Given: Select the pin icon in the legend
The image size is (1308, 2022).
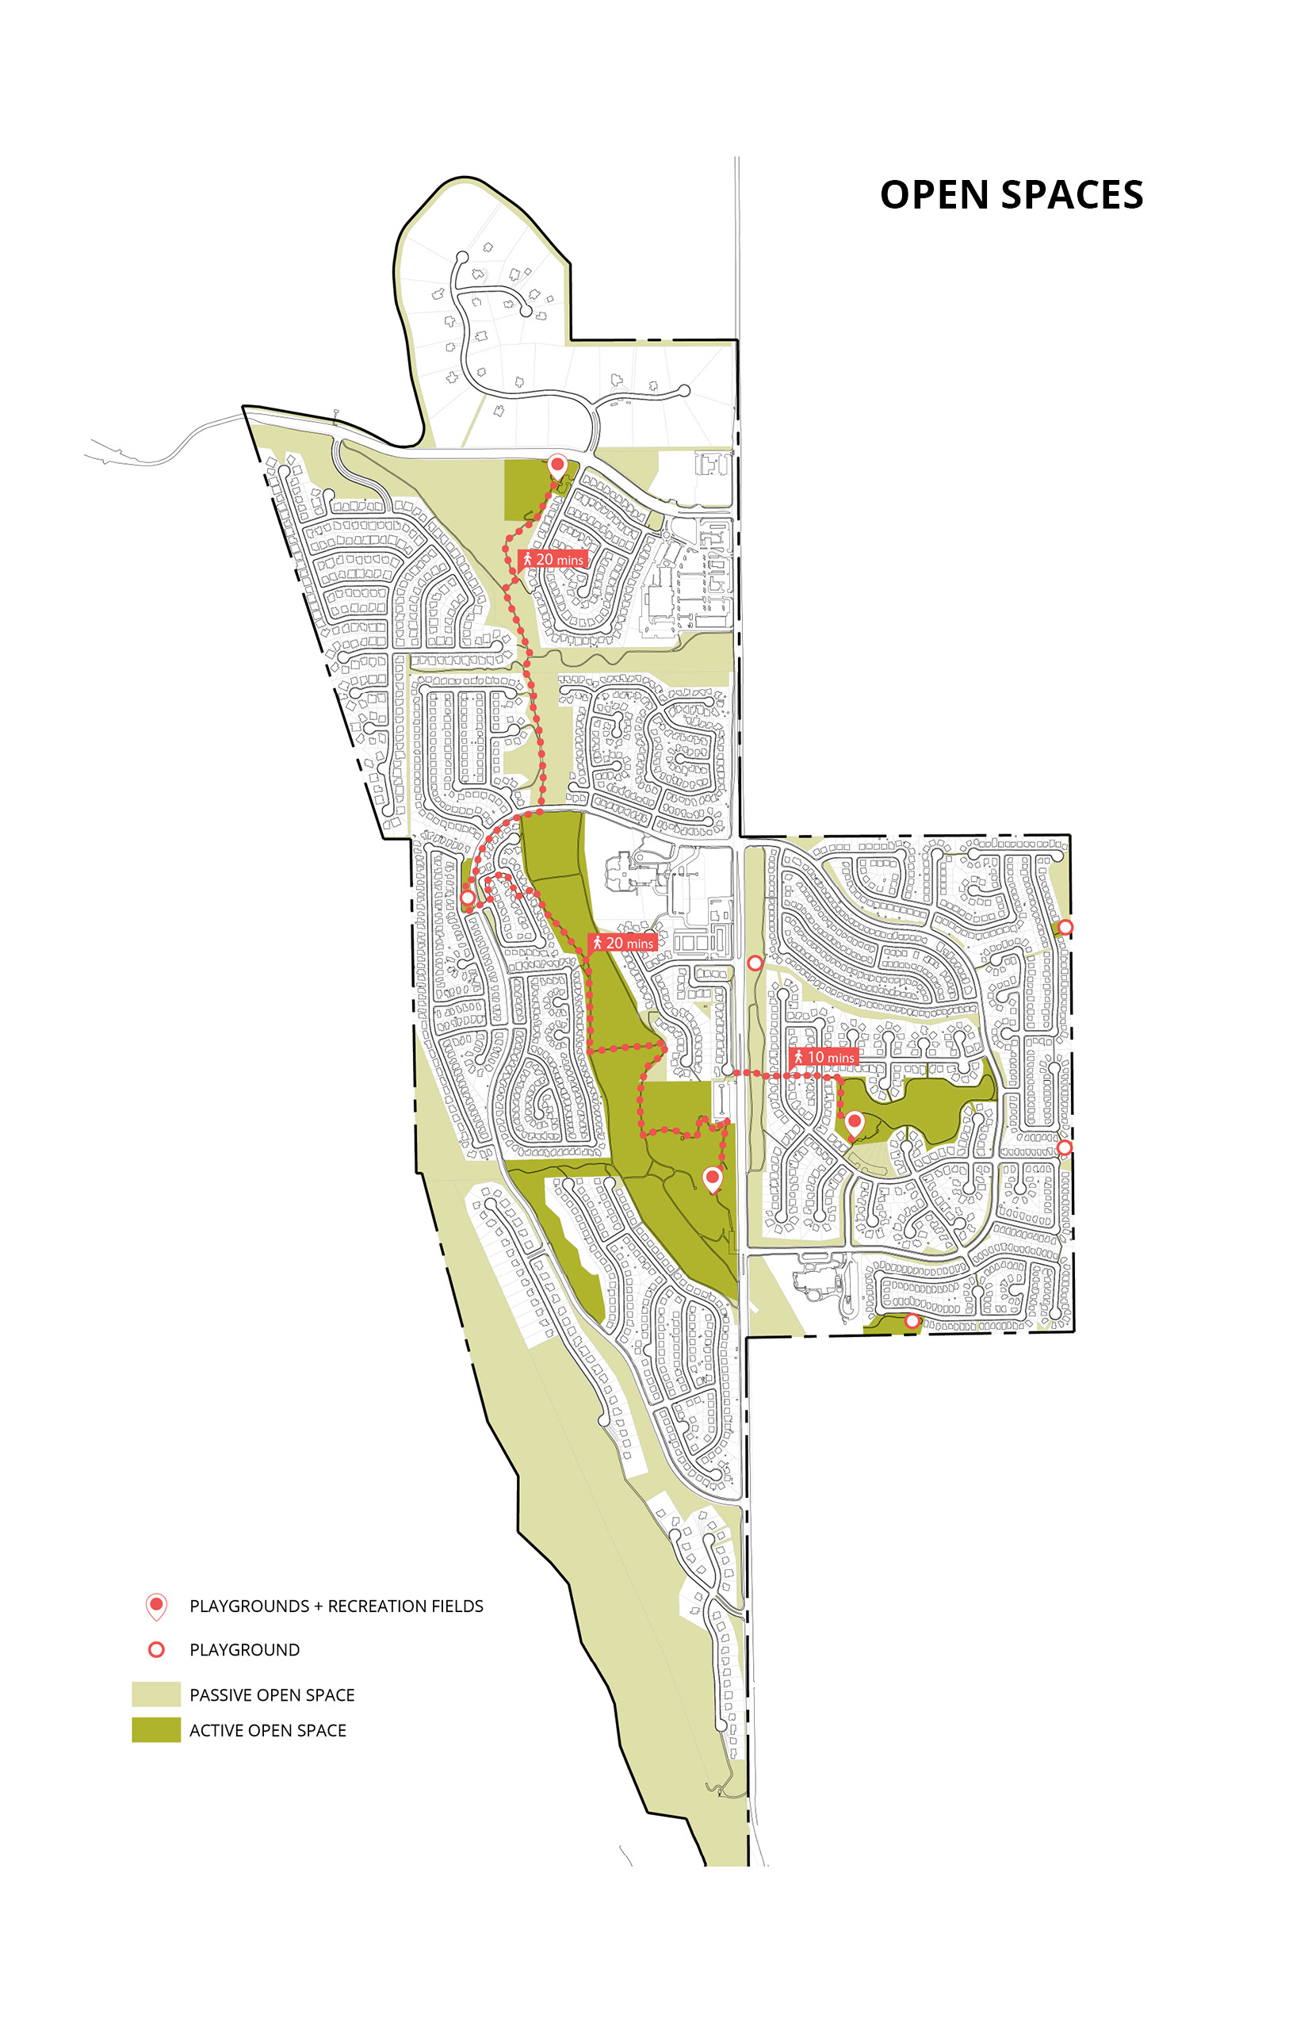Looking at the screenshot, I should point(156,1605).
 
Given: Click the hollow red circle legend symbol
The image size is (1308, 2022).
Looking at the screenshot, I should point(156,1649).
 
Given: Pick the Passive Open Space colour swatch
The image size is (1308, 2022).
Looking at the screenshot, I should point(156,1694).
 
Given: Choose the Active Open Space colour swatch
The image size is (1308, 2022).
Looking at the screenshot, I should point(156,1729).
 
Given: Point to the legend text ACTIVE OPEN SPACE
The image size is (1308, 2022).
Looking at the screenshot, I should point(268,1730).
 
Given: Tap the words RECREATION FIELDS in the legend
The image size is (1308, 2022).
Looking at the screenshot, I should point(405,1606).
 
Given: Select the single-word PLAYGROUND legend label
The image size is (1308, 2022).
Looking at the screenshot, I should point(245,1650).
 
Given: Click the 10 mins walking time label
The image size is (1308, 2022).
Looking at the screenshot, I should point(823,1057).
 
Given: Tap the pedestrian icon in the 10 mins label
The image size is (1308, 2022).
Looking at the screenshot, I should point(798,1057).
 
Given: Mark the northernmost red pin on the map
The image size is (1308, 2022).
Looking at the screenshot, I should point(557,465).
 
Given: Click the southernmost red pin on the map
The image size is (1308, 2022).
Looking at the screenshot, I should point(713,1178).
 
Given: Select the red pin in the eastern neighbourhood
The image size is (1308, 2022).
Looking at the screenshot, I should point(855,1123).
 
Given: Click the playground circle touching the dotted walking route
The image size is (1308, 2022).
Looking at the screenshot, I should point(467,897).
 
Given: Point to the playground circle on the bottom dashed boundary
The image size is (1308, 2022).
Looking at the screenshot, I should point(912,1321).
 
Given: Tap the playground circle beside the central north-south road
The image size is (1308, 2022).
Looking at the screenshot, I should point(754,963).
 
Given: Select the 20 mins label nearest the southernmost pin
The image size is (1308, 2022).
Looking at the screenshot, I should point(622,943).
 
